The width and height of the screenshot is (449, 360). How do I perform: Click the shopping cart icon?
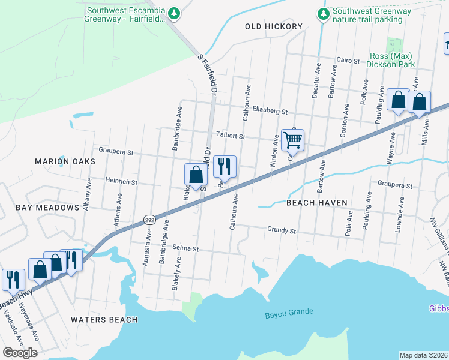tap(292, 140)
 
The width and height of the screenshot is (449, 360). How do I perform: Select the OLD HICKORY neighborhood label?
tap(274, 26)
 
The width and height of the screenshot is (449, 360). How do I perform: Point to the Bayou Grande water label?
tap(289, 313)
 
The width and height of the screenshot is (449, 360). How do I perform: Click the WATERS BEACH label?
tap(104, 320)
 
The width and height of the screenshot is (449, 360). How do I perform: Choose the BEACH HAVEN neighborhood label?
tap(316, 203)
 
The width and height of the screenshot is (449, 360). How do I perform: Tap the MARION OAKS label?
tap(65, 161)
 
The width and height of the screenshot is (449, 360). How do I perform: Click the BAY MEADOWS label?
tap(48, 208)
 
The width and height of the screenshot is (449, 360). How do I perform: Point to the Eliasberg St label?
tap(270, 111)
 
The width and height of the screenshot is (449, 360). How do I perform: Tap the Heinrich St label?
tap(121, 182)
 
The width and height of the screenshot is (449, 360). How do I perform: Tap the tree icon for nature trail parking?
tap(324, 13)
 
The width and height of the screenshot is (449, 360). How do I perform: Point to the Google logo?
tap(20, 353)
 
